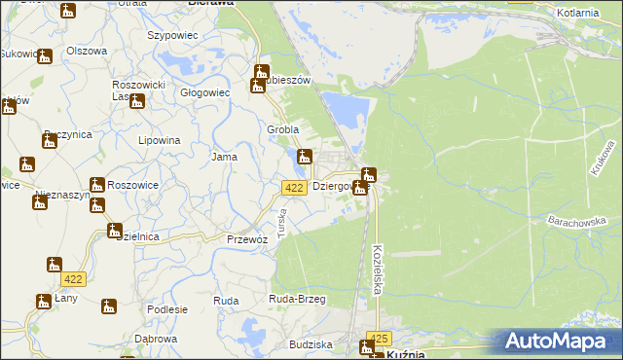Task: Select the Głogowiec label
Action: click(204, 93)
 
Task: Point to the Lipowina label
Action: click(160, 140)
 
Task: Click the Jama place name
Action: click(225, 156)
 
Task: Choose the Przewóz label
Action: click(246, 238)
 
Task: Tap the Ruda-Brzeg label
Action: click(296, 300)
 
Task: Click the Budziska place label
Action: click(311, 344)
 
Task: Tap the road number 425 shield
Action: click(379, 339)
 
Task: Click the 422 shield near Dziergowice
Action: click(296, 187)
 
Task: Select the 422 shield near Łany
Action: click(72, 279)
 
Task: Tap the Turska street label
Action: click(281, 226)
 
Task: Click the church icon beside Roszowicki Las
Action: click(137, 100)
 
